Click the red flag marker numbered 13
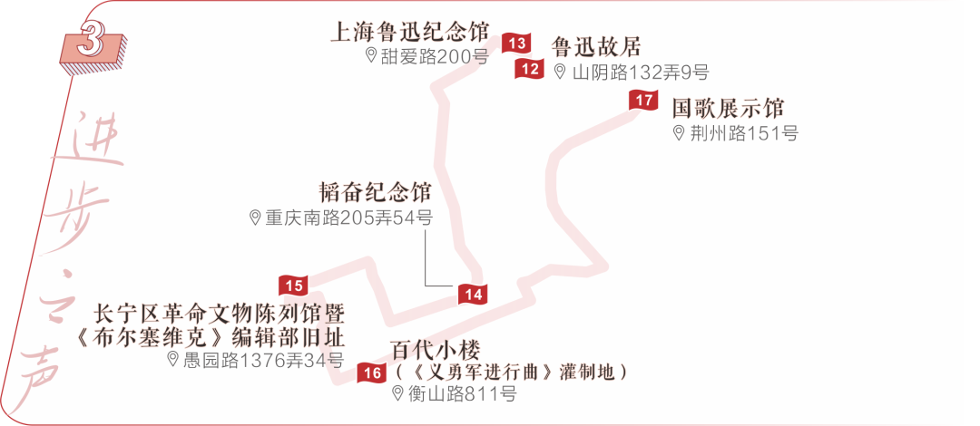tap(517, 43)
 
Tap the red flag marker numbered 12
tap(530, 68)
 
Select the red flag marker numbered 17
tap(643, 100)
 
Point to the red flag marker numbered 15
tap(293, 286)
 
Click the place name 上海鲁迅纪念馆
tap(410, 33)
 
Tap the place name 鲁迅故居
tap(596, 47)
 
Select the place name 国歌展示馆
tap(728, 108)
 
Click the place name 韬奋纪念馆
tap(375, 192)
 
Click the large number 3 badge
tap(91, 43)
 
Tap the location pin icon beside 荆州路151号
tap(679, 133)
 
